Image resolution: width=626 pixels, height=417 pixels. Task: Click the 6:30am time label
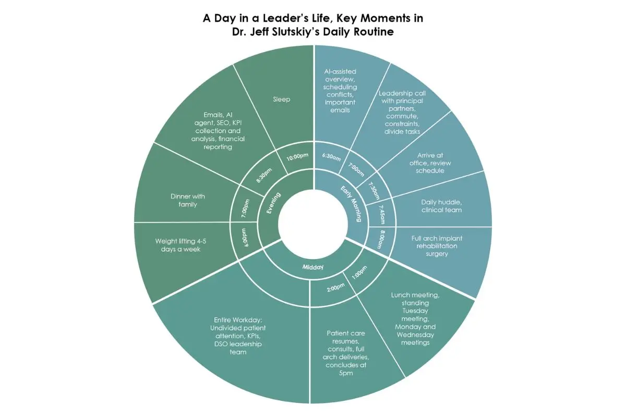pyautogui.click(x=331, y=157)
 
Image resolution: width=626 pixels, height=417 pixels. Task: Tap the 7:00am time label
pyautogui.click(x=356, y=169)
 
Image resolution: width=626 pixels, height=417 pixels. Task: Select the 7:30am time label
pyautogui.click(x=374, y=191)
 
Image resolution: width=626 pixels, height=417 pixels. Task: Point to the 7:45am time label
pyautogui.click(x=382, y=215)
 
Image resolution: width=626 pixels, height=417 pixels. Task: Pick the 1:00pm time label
pyautogui.click(x=359, y=272)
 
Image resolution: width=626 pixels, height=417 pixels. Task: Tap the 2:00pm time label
pyautogui.click(x=335, y=287)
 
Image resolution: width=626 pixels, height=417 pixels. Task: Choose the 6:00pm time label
pyautogui.click(x=244, y=238)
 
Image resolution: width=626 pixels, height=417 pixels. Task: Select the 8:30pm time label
pyautogui.click(x=264, y=175)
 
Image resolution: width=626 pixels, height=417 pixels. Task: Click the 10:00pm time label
pyautogui.click(x=297, y=157)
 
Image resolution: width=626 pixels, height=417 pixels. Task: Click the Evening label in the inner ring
pyautogui.click(x=273, y=203)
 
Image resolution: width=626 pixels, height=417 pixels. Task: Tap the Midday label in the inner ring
pyautogui.click(x=312, y=267)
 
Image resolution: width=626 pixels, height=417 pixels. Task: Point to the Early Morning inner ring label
pyautogui.click(x=351, y=204)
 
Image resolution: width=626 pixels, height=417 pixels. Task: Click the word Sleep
pyautogui.click(x=281, y=99)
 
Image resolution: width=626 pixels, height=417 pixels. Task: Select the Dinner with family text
pyautogui.click(x=187, y=200)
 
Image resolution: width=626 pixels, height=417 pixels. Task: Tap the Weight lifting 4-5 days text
pyautogui.click(x=180, y=245)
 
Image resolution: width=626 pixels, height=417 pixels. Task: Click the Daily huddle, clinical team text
pyautogui.click(x=441, y=206)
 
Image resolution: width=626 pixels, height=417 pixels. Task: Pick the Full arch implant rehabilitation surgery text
pyautogui.click(x=437, y=246)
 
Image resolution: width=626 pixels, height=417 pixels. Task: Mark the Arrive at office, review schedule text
pyautogui.click(x=430, y=163)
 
